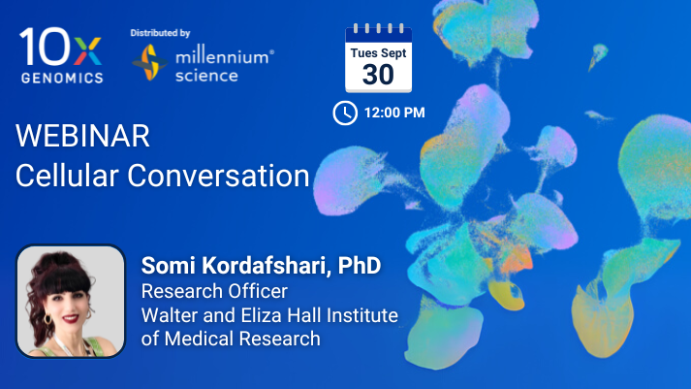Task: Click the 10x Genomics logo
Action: coord(61,55)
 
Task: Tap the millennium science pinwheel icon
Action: coord(150,63)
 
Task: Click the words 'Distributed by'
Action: coord(160,33)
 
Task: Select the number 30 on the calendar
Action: coord(378,74)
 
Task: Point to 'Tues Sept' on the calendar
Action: coord(378,53)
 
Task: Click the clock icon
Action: coord(345,113)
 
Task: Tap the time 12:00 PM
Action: coord(394,113)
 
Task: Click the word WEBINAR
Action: coord(82,136)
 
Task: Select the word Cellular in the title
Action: coord(67,176)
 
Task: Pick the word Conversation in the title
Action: coord(219,176)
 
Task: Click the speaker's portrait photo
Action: coord(71,302)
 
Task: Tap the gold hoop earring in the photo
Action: coord(47,319)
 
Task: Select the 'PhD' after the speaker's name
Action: coord(360,265)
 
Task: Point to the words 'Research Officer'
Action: coord(214,291)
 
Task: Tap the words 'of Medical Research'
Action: coord(231,339)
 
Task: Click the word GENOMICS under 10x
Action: coord(62,78)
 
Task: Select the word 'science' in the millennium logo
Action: coord(206,76)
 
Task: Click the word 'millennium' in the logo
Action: coord(222,57)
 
